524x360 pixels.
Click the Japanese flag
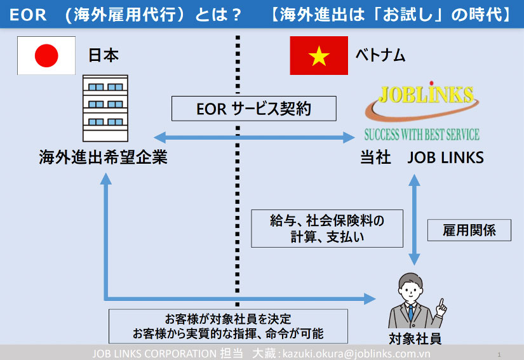pyautogui.click(x=46, y=56)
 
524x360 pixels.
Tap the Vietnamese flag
pyautogui.click(x=318, y=56)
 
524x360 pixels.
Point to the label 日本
pyautogui.click(x=103, y=56)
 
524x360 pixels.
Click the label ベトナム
pyautogui.click(x=380, y=56)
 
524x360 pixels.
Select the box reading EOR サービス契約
pyautogui.click(x=254, y=109)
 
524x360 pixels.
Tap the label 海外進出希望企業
pyautogui.click(x=103, y=157)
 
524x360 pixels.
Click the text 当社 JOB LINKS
pyautogui.click(x=422, y=157)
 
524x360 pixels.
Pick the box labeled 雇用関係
pyautogui.click(x=469, y=230)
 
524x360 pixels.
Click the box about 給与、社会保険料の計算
pyautogui.click(x=327, y=229)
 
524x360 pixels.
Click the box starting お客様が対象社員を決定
pyautogui.click(x=228, y=326)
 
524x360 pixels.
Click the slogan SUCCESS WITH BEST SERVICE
pyautogui.click(x=421, y=135)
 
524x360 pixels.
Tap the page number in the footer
pyautogui.click(x=499, y=354)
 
